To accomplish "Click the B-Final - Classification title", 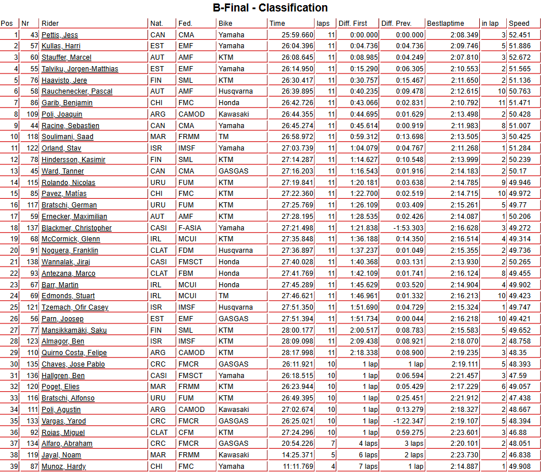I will (x=270, y=8).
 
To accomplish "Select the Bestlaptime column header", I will (x=445, y=24).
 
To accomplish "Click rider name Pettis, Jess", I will (x=60, y=35).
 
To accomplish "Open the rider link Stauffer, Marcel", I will (x=67, y=57).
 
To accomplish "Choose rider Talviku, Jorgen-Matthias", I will (x=80, y=69).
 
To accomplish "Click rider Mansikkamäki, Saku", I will (x=74, y=330).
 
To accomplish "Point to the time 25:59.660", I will (x=297, y=35).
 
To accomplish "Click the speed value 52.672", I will (x=519, y=57).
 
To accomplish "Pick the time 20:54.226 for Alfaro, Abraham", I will (x=297, y=444).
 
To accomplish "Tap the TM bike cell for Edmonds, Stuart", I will (x=223, y=296).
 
